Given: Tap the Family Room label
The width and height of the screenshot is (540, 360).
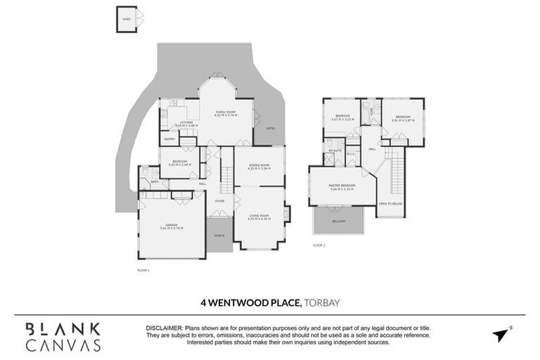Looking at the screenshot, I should click(x=226, y=112).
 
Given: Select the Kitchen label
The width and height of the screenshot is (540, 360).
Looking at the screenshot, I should click(x=186, y=122).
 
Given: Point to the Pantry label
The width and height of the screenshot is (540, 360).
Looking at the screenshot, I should click(x=169, y=139).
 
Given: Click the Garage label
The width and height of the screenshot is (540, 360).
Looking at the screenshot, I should click(x=171, y=225).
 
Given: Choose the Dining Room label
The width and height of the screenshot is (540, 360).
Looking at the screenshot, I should click(x=259, y=166).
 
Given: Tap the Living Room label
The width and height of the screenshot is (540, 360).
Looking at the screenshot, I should click(x=259, y=216).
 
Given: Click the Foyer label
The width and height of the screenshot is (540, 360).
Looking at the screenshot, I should click(x=220, y=201).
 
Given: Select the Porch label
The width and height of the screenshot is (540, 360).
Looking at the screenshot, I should click(x=219, y=235).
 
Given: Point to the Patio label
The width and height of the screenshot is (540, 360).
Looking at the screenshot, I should click(x=270, y=129).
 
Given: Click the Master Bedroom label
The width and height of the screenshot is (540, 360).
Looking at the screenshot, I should click(x=342, y=186).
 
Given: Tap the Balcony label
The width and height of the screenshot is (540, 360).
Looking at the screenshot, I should click(x=339, y=221).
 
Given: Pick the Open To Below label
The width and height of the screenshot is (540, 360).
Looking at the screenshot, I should click(x=390, y=203).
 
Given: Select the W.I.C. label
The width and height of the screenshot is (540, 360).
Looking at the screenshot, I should click(x=350, y=155).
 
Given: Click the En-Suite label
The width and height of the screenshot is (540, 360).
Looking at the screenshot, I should click(x=334, y=151).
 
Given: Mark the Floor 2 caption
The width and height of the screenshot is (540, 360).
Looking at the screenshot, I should click(x=319, y=245).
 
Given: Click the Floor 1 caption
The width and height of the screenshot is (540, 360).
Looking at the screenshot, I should click(x=143, y=269).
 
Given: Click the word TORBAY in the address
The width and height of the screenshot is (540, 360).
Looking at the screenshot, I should click(x=323, y=303).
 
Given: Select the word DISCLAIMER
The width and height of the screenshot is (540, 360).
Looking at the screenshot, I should click(x=164, y=328).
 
